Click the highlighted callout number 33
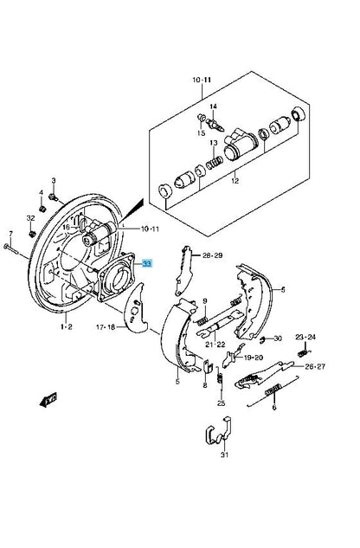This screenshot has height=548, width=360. tap(147, 263)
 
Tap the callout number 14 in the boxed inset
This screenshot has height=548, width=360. tap(213, 106)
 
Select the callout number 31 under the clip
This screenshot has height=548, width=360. tap(224, 455)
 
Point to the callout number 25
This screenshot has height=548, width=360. tap(221, 403)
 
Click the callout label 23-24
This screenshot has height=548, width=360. tap(305, 337)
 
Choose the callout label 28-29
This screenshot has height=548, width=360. tap(213, 255)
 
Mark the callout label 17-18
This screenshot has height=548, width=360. tap(106, 327)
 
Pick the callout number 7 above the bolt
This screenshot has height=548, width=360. tap(10, 233)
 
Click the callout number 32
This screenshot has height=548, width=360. tap(31, 218)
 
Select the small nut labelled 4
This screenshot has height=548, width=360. tap(42, 209)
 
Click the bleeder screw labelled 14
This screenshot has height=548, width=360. tap(215, 125)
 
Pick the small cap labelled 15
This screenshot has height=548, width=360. tap(202, 118)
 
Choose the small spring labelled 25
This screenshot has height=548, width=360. tap(220, 376)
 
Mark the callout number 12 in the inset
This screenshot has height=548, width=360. tap(235, 181)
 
